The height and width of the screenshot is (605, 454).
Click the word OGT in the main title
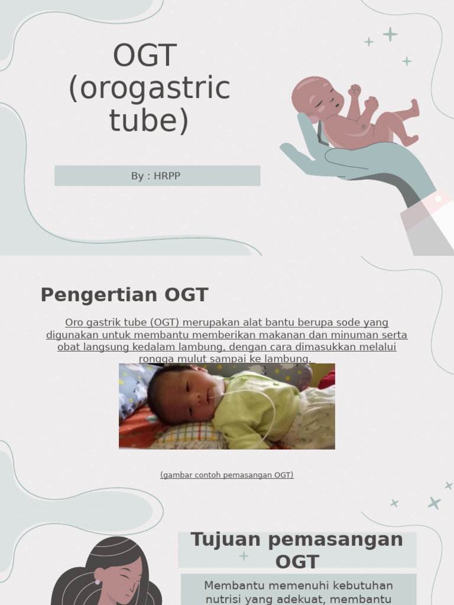tap(145, 56)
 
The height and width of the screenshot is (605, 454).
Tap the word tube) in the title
tap(149, 121)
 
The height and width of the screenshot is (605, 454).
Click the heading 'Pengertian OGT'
tap(124, 295)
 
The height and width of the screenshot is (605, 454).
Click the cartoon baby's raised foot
tap(414, 108)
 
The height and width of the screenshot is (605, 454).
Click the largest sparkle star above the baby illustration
tap(390, 34)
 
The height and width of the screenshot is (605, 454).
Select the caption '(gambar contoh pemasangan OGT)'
tap(226, 475)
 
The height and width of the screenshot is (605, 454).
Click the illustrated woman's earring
tap(98, 582)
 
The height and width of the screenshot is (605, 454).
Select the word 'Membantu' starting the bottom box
tap(232, 586)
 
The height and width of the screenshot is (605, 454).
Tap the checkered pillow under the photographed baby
tap(189, 438)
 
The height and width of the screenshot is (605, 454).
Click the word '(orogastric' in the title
tap(149, 89)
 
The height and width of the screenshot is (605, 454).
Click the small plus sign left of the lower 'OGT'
tap(244, 556)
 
